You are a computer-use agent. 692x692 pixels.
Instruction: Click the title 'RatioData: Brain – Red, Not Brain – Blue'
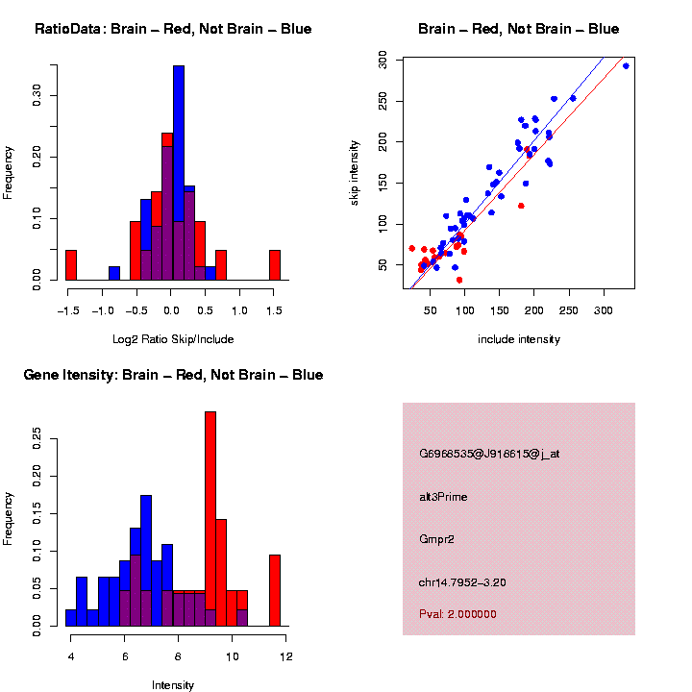[173, 29]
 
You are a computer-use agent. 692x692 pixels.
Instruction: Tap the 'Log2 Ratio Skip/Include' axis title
[173, 338]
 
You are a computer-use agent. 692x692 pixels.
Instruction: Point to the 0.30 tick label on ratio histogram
[37, 93]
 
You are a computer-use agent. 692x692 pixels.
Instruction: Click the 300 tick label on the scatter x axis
[604, 310]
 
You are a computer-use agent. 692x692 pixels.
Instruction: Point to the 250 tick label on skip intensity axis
[384, 102]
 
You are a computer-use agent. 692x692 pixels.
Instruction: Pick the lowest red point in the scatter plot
[459, 280]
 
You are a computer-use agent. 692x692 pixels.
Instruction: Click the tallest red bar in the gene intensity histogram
[210, 519]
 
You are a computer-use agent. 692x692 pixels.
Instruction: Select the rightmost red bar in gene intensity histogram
[275, 590]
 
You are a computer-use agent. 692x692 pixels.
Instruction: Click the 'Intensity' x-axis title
[173, 685]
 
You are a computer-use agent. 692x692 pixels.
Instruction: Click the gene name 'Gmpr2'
[437, 539]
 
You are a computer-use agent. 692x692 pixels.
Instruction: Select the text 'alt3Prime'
[443, 497]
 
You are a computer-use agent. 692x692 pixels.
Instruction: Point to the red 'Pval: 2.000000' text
[457, 613]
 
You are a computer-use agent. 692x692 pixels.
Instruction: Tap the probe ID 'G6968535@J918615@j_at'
[489, 454]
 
